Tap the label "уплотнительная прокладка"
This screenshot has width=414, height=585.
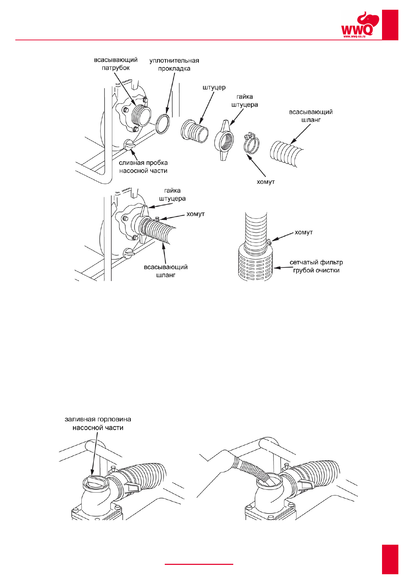coord(174,65)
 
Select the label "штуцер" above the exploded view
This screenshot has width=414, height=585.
coord(214,88)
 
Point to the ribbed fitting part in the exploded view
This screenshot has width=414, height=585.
coord(195,131)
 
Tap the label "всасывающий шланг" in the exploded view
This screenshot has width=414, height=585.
coord(311,116)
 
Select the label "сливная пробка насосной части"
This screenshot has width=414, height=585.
coord(143,167)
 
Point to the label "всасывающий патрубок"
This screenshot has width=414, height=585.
coord(116,64)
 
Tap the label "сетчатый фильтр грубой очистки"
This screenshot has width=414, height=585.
coord(316,266)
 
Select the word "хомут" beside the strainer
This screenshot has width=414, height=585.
coord(304,232)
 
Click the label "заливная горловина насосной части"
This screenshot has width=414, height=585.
coord(98,423)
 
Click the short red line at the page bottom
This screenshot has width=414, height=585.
coord(199,564)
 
